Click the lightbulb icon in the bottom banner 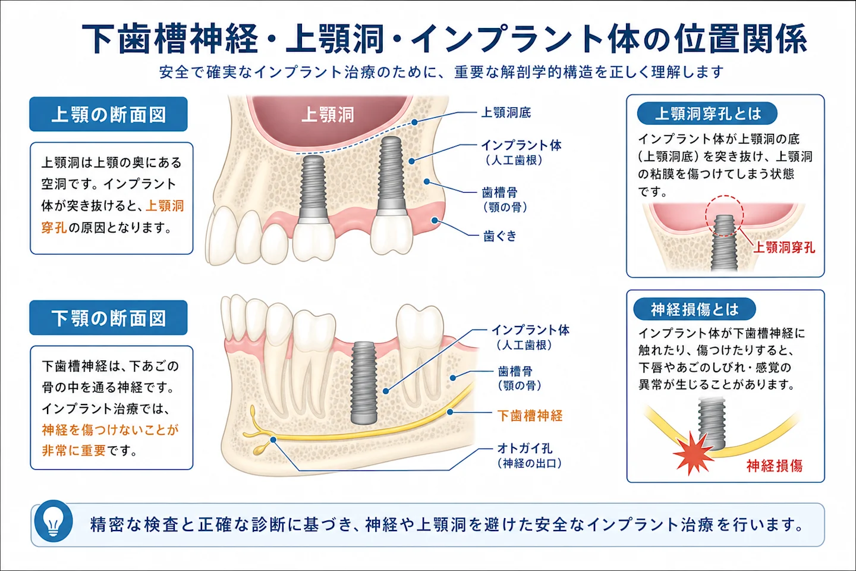pyautogui.click(x=53, y=521)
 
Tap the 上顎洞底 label pyautogui.click(x=505, y=113)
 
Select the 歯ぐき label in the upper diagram pyautogui.click(x=500, y=236)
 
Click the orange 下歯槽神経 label pyautogui.click(x=530, y=416)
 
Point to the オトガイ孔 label pyautogui.click(x=525, y=448)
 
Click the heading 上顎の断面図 pyautogui.click(x=109, y=114)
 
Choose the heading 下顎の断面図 pyautogui.click(x=109, y=318)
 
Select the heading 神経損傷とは pyautogui.click(x=695, y=309)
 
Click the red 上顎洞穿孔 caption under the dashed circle pyautogui.click(x=783, y=247)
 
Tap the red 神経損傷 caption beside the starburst pyautogui.click(x=774, y=466)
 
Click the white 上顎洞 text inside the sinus pyautogui.click(x=328, y=114)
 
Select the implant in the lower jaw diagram pyautogui.click(x=364, y=383)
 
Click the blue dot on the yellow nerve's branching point pyautogui.click(x=273, y=440)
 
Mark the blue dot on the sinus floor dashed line pyautogui.click(x=415, y=123)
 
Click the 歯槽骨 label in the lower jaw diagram pyautogui.click(x=515, y=371)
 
